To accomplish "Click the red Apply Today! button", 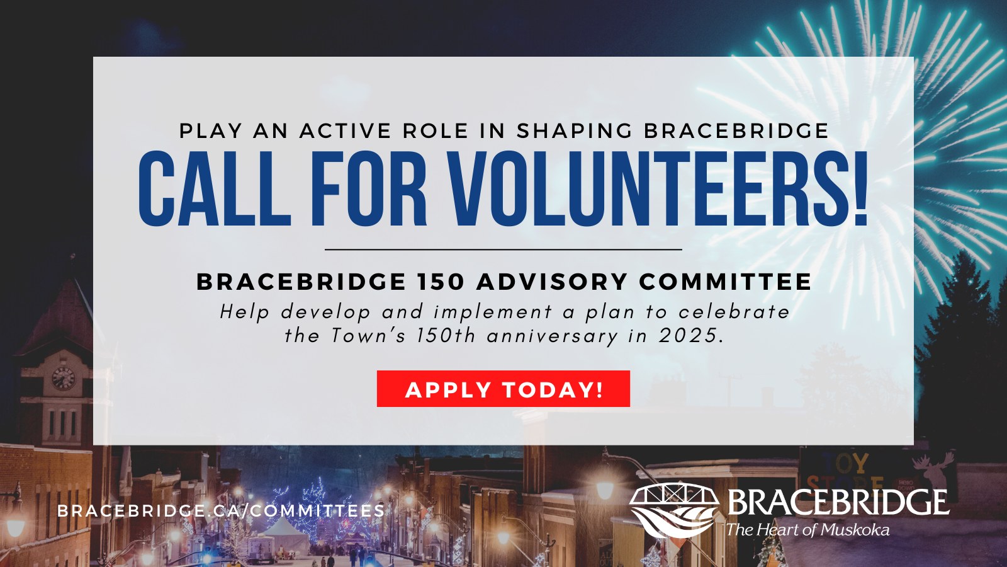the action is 503,389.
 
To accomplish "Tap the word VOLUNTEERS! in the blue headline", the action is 659,188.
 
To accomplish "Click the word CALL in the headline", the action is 215,188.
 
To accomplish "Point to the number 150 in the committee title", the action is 441,282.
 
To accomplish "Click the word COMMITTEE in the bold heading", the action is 725,282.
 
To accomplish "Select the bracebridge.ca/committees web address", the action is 221,511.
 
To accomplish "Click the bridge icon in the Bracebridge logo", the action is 674,510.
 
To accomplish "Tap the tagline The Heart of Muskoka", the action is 808,530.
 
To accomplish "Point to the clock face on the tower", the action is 63,378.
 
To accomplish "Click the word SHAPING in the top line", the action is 575,131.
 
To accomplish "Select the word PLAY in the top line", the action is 211,131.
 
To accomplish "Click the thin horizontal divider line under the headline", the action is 503,249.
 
